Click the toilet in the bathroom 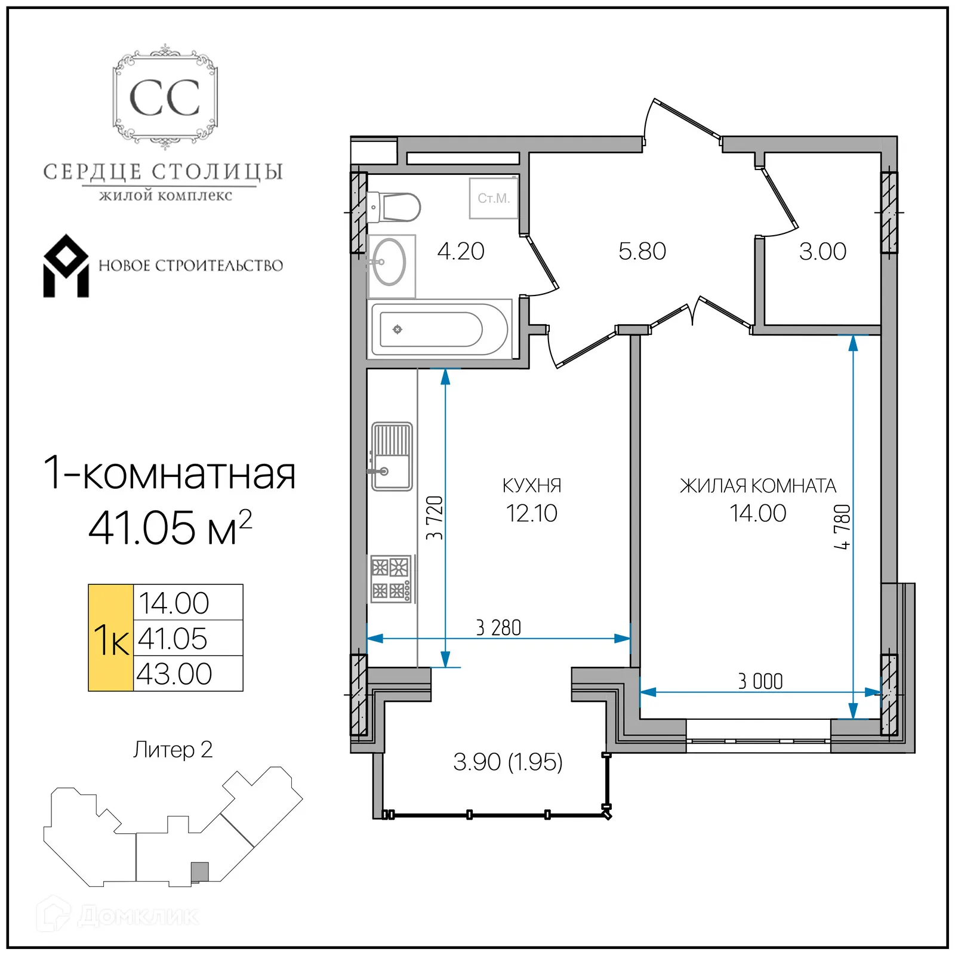[395, 207]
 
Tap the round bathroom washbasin [389, 262]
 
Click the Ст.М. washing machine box [494, 198]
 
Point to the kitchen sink [392, 457]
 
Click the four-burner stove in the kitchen [391, 578]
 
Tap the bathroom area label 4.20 [460, 251]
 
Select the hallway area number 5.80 [642, 251]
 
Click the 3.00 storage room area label [822, 251]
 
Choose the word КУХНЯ [532, 486]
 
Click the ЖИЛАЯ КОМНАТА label [758, 486]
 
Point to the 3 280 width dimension [498, 628]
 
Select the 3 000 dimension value [760, 681]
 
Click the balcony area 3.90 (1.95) [507, 762]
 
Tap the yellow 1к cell [111, 639]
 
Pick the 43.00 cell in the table [174, 674]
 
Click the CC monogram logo [165, 97]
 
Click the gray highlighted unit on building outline [199, 871]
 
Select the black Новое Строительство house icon [66, 266]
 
